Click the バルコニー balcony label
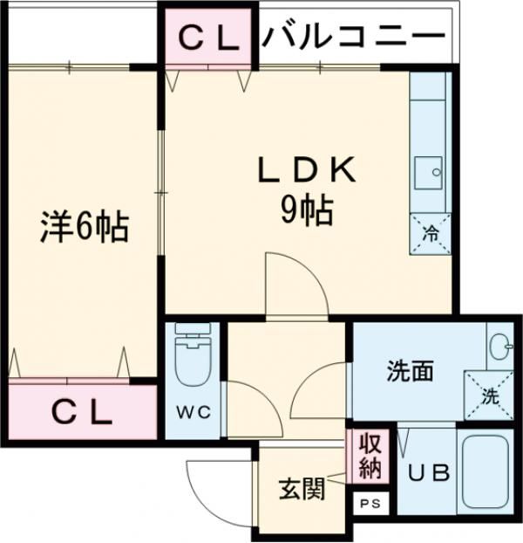[353, 36]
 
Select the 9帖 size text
[306, 210]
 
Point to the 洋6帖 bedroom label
[85, 227]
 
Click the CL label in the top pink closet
[208, 37]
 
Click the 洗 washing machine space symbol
[488, 395]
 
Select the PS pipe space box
[370, 504]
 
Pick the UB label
[429, 474]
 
